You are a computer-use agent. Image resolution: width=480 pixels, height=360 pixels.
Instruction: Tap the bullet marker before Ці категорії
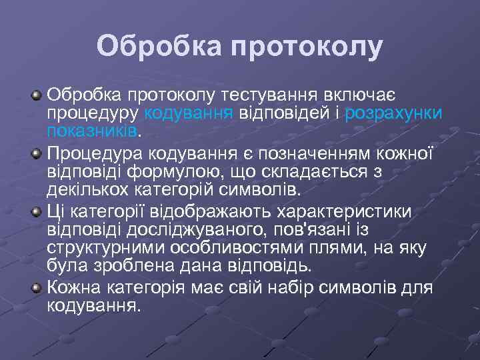[37, 213]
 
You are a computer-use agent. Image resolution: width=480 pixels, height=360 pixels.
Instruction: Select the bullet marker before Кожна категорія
[37, 288]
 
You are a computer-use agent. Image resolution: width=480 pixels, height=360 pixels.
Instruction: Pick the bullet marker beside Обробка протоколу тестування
[37, 98]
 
